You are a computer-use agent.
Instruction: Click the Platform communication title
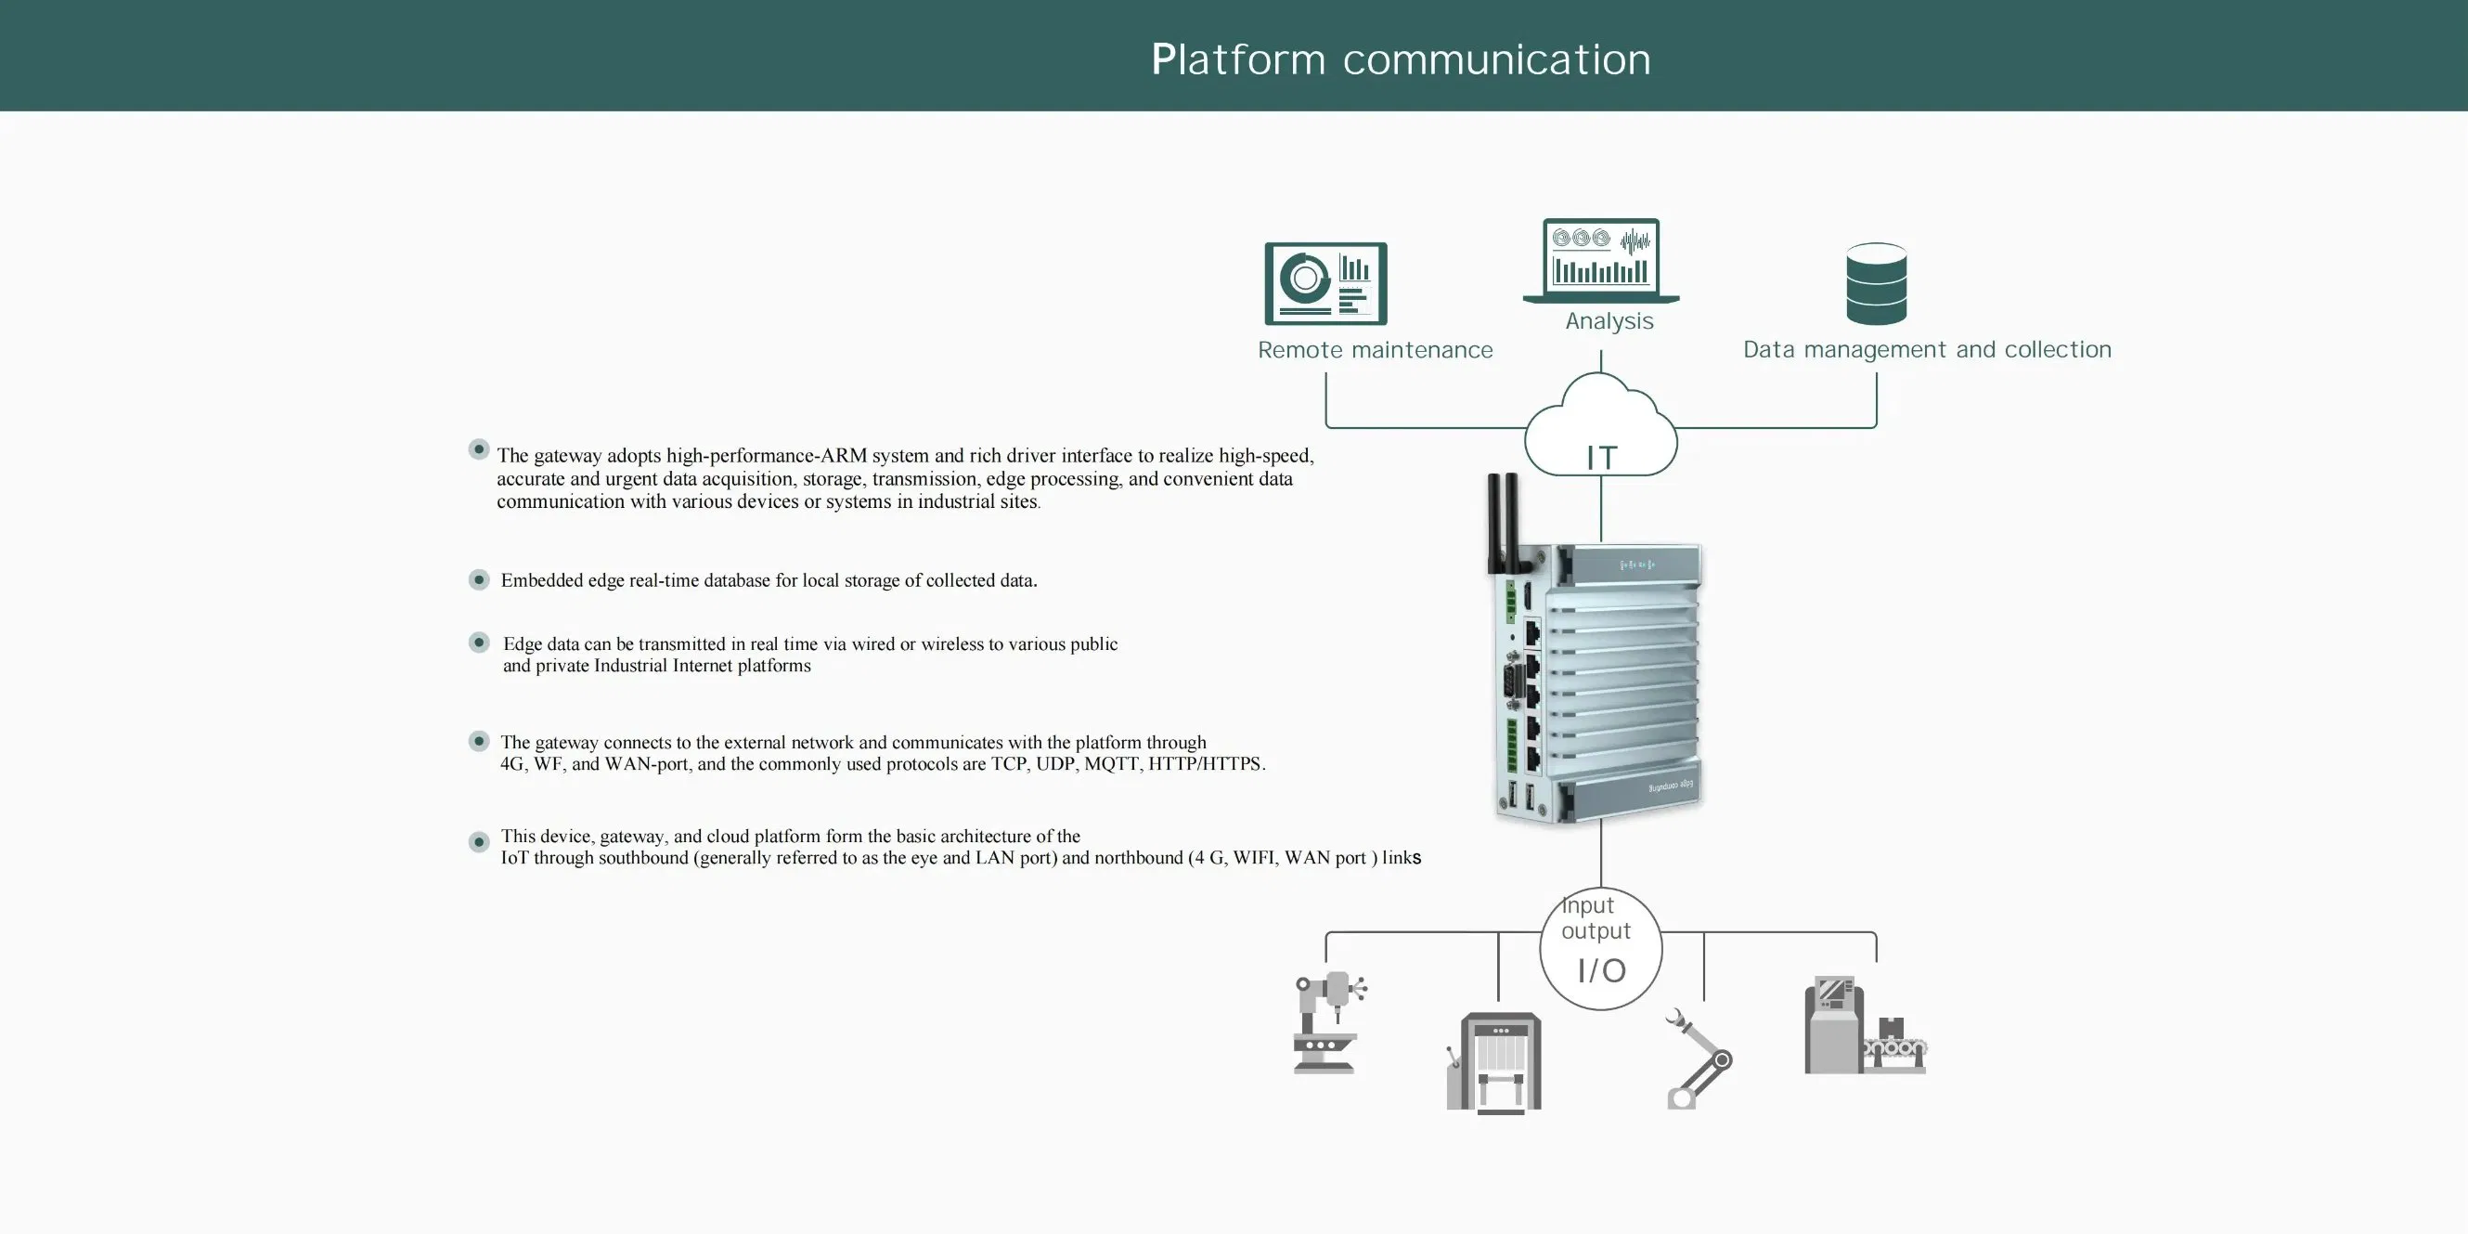[x=1401, y=59]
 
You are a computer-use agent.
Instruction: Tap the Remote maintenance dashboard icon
[x=1325, y=283]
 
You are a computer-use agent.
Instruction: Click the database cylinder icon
[x=1876, y=283]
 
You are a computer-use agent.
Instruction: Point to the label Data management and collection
[x=1927, y=350]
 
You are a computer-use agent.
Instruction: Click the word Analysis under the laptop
[x=1609, y=321]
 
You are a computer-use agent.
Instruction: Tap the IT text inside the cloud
[x=1601, y=458]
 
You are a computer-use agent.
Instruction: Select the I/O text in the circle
[x=1601, y=970]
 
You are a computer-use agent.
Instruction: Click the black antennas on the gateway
[x=1501, y=522]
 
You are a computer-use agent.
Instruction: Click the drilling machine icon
[x=1328, y=1023]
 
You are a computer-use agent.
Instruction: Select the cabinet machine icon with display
[x=1493, y=1062]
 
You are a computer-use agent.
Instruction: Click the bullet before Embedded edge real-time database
[x=479, y=579]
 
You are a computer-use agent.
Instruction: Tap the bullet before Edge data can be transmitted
[x=479, y=643]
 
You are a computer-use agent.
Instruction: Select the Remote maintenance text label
[x=1375, y=351]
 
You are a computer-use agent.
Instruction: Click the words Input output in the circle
[x=1595, y=917]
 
